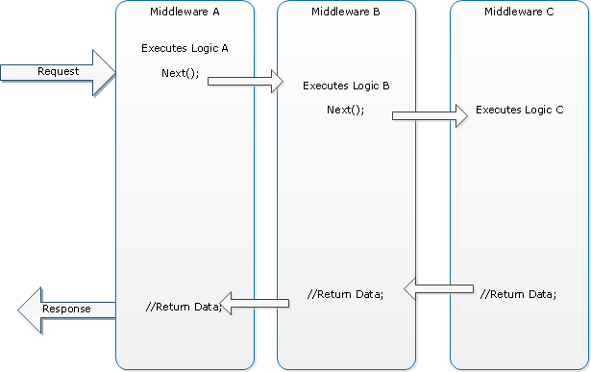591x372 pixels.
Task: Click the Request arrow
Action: pyautogui.click(x=58, y=72)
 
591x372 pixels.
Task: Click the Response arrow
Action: pyautogui.click(x=66, y=310)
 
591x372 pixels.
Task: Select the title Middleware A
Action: pyautogui.click(x=185, y=12)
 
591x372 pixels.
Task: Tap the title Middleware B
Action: pyautogui.click(x=346, y=12)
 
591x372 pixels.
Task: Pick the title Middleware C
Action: pyautogui.click(x=519, y=12)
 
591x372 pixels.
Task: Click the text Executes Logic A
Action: pyautogui.click(x=185, y=48)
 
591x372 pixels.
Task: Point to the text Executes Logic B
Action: pyautogui.click(x=346, y=86)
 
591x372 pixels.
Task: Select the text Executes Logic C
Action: pyautogui.click(x=519, y=110)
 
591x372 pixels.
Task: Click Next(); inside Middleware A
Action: pyautogui.click(x=180, y=73)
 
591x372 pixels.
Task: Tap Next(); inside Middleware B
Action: pyautogui.click(x=346, y=110)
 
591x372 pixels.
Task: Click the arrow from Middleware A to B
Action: pyautogui.click(x=245, y=81)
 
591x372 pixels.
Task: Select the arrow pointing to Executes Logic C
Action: pyautogui.click(x=431, y=115)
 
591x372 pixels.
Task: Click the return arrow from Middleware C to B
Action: pyautogui.click(x=439, y=289)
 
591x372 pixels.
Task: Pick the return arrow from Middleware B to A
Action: pyautogui.click(x=254, y=303)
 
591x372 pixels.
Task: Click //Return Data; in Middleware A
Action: pyautogui.click(x=184, y=307)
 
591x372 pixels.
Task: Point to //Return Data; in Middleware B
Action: pyautogui.click(x=345, y=294)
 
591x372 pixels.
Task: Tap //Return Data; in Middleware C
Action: pyautogui.click(x=518, y=294)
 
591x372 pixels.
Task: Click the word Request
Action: pyautogui.click(x=58, y=71)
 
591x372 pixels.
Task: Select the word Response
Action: pyautogui.click(x=66, y=309)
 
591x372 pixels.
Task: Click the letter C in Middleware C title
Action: pyautogui.click(x=550, y=12)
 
